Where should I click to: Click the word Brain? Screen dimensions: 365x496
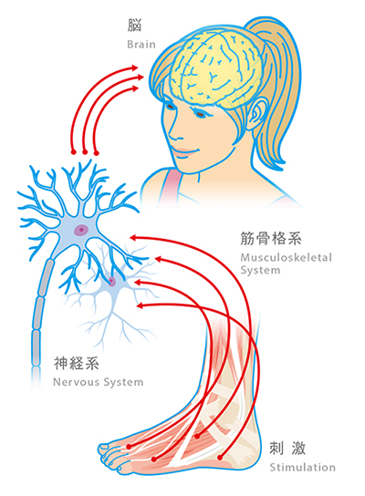click(x=141, y=44)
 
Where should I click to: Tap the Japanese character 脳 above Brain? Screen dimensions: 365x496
click(x=134, y=26)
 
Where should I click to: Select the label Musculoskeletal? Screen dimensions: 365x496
click(x=287, y=257)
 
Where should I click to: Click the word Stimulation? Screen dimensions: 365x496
click(x=302, y=467)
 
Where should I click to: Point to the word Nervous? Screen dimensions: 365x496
click(x=77, y=382)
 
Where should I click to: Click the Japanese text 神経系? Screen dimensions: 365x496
click(x=77, y=363)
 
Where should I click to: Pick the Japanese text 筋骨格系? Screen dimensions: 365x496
click(x=271, y=238)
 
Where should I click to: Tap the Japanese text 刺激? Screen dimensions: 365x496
click(x=287, y=449)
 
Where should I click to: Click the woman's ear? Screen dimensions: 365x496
click(x=257, y=114)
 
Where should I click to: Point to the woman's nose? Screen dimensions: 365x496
click(x=173, y=133)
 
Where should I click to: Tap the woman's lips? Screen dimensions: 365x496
click(x=184, y=152)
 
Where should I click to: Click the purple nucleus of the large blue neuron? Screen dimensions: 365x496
click(x=81, y=230)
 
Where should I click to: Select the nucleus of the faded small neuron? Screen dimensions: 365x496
click(x=111, y=280)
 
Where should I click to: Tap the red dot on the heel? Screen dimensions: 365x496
click(x=220, y=458)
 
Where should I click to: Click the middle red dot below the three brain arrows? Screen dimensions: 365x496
click(x=85, y=152)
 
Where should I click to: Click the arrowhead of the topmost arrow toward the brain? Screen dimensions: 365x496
click(x=134, y=67)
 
